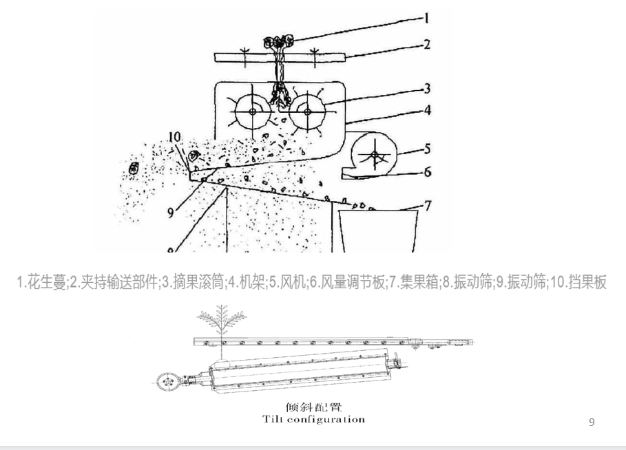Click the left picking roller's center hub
(x=253, y=111)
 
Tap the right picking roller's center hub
(x=304, y=111)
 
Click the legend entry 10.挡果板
(x=576, y=283)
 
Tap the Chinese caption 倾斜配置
(x=314, y=407)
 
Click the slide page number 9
(x=592, y=422)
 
